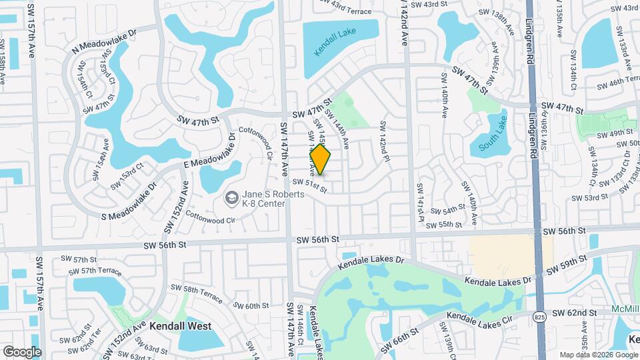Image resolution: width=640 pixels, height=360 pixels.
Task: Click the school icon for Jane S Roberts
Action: (231, 197)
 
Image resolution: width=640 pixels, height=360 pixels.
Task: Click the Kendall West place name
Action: (180, 327)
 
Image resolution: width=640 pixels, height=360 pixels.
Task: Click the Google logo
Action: (22, 351)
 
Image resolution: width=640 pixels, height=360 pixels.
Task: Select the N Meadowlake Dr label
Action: (103, 41)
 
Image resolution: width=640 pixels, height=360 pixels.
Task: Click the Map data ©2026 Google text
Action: (597, 354)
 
